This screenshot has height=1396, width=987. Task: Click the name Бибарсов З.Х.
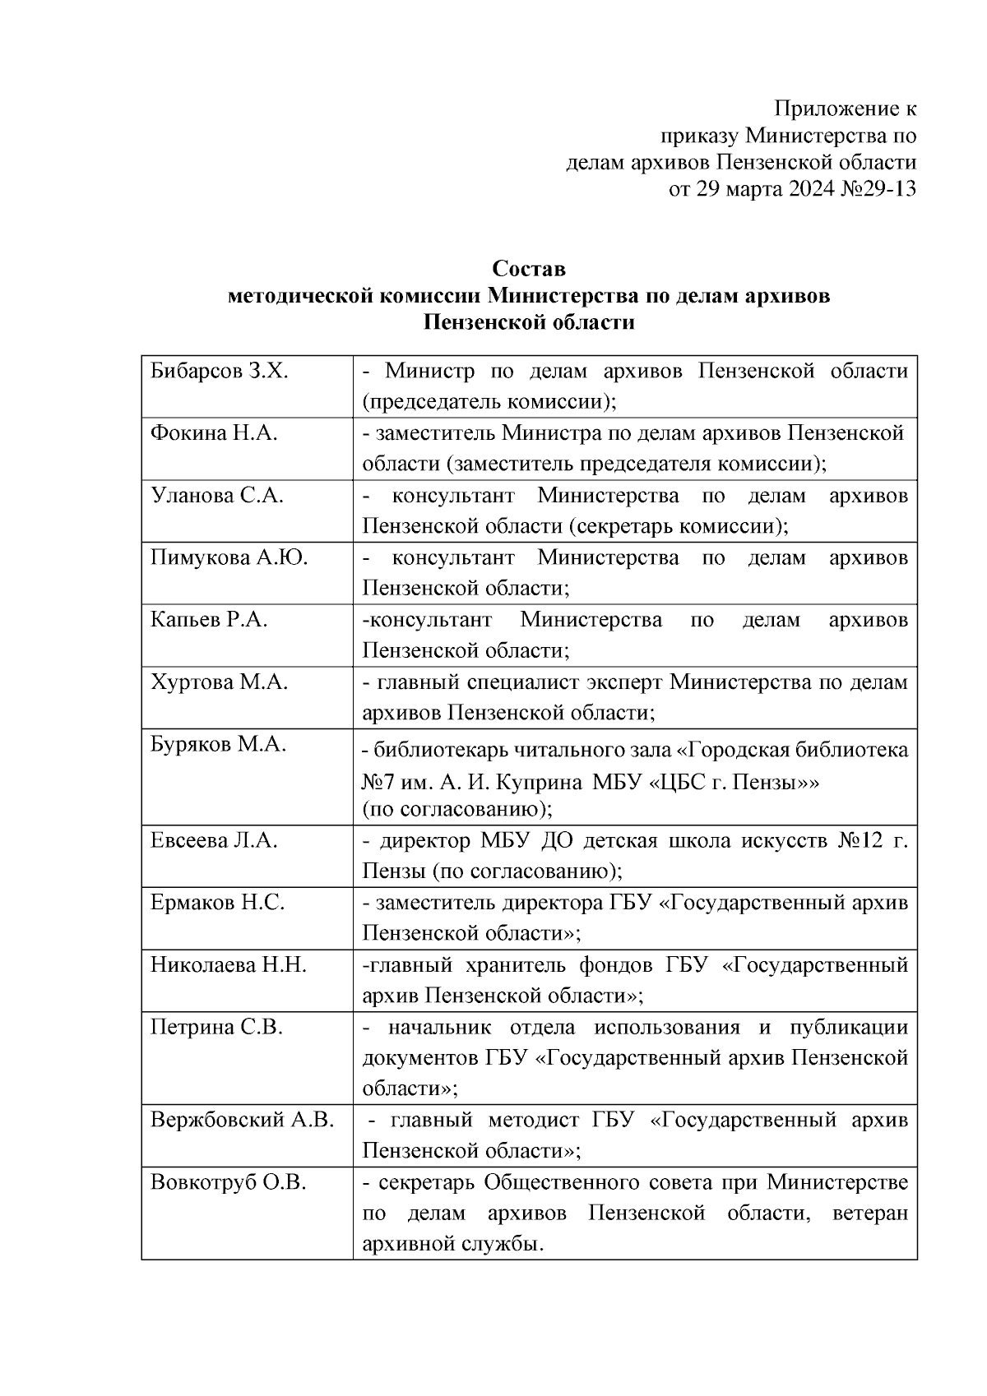pyautogui.click(x=219, y=372)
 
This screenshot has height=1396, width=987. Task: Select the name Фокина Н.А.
pyautogui.click(x=214, y=433)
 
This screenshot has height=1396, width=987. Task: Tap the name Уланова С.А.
pyautogui.click(x=217, y=496)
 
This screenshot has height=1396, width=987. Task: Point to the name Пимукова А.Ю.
pyautogui.click(x=229, y=558)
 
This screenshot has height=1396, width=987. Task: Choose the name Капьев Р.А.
pyautogui.click(x=209, y=620)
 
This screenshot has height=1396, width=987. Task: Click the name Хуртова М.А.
pyautogui.click(x=219, y=682)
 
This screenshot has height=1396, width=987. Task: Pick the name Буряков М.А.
pyautogui.click(x=218, y=745)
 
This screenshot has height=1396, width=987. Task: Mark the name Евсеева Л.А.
pyautogui.click(x=214, y=841)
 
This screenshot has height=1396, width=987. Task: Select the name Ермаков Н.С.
pyautogui.click(x=217, y=903)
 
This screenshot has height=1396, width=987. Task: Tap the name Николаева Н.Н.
pyautogui.click(x=228, y=965)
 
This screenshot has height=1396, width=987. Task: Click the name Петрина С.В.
pyautogui.click(x=216, y=1028)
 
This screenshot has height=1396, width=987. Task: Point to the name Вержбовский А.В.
pyautogui.click(x=242, y=1121)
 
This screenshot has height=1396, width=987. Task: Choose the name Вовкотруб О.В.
pyautogui.click(x=228, y=1183)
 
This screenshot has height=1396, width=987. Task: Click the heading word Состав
pyautogui.click(x=529, y=269)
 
